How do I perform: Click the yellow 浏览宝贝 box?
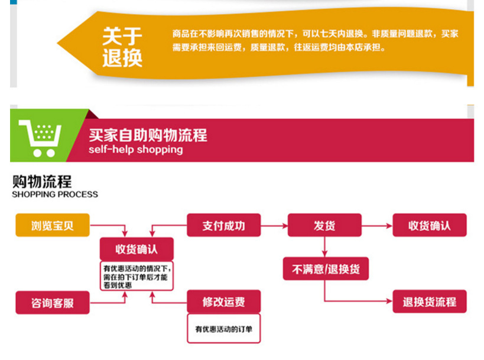coord(52,225)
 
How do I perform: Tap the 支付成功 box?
coord(223,225)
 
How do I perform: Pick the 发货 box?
coord(324,225)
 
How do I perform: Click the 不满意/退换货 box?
coord(326,270)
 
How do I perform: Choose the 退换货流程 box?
coord(429,301)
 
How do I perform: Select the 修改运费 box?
coord(223,302)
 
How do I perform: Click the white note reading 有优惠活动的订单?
coord(223,329)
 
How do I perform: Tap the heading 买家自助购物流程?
coord(148,135)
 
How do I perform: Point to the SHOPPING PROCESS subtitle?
coord(55,194)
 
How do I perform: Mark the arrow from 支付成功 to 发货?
coord(274,225)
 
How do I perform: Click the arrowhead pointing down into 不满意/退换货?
coord(325,254)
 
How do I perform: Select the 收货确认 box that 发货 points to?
coord(429,225)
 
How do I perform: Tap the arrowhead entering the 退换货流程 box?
coord(389,301)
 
